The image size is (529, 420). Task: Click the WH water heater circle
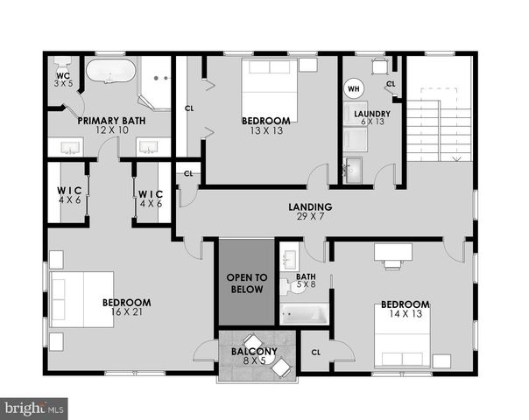pyautogui.click(x=354, y=88)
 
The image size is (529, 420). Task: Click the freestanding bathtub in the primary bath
pyautogui.click(x=109, y=71)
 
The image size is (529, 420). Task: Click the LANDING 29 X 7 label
pyautogui.click(x=310, y=211)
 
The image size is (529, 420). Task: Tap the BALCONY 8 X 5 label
pyautogui.click(x=254, y=356)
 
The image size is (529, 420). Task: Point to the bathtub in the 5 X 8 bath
pyautogui.click(x=305, y=313)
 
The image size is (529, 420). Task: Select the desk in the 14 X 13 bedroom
pyautogui.click(x=392, y=251)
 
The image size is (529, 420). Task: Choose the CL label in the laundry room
pyautogui.click(x=390, y=83)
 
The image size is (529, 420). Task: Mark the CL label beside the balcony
pyautogui.click(x=315, y=353)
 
